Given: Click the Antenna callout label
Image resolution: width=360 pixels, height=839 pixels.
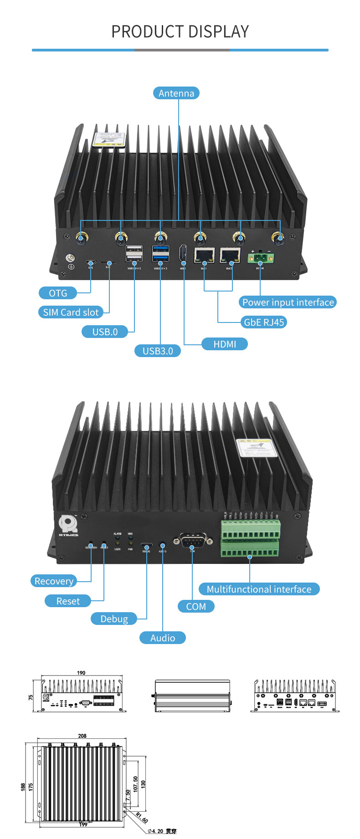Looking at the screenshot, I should (176, 93).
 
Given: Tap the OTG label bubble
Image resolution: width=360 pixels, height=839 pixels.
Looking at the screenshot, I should (58, 293).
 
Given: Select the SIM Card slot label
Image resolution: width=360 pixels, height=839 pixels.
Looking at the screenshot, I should (71, 312).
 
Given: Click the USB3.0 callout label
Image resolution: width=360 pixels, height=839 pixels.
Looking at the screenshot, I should (158, 351).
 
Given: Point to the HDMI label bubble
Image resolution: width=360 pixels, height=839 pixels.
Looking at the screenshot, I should (225, 344).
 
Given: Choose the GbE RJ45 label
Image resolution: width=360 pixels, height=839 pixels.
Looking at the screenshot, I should (264, 322).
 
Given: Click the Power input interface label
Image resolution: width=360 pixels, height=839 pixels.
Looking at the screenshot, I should (288, 302).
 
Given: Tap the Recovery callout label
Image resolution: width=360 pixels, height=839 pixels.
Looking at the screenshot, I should (54, 581).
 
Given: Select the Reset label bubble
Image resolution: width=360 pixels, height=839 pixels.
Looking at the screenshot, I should (68, 601).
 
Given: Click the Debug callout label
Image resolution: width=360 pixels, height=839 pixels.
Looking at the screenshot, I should (114, 619).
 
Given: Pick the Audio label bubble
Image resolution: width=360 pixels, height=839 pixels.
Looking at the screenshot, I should (162, 638).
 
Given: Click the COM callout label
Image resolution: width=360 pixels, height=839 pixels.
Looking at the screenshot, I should (196, 606).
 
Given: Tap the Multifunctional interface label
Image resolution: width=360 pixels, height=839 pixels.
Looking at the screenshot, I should (259, 589).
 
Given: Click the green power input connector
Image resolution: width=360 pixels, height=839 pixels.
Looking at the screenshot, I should (261, 258).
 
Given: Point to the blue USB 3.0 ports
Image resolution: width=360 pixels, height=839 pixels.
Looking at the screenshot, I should (161, 254).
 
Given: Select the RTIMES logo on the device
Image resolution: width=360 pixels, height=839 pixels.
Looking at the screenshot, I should (68, 526).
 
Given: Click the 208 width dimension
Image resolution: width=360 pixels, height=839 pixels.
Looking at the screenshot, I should (82, 736).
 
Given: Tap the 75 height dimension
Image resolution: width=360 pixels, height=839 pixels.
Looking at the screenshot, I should (31, 697).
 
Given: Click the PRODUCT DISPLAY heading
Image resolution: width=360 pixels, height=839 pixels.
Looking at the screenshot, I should (180, 31).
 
